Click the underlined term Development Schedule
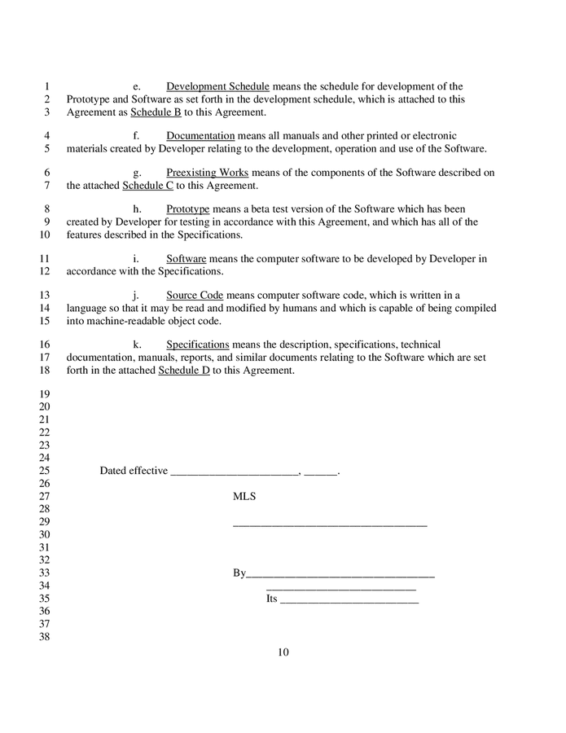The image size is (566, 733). pyautogui.click(x=217, y=86)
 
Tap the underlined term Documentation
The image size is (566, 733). pyautogui.click(x=200, y=135)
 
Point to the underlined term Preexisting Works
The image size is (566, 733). pyautogui.click(x=207, y=173)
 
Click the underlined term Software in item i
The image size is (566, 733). pyautogui.click(x=186, y=259)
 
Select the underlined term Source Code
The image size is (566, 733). pyautogui.click(x=195, y=295)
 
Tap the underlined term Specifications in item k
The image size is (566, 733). pyautogui.click(x=197, y=345)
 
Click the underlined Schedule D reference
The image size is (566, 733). pyautogui.click(x=184, y=371)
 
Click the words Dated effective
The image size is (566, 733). pyautogui.click(x=134, y=471)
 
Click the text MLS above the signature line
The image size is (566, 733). pyautogui.click(x=244, y=496)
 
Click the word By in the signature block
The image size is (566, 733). pyautogui.click(x=239, y=573)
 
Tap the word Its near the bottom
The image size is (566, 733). pyautogui.click(x=272, y=599)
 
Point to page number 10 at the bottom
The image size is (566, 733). pyautogui.click(x=283, y=652)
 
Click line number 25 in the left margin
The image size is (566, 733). pyautogui.click(x=45, y=471)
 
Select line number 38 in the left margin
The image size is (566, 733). pyautogui.click(x=45, y=637)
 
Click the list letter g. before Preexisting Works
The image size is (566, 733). pyautogui.click(x=138, y=173)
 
